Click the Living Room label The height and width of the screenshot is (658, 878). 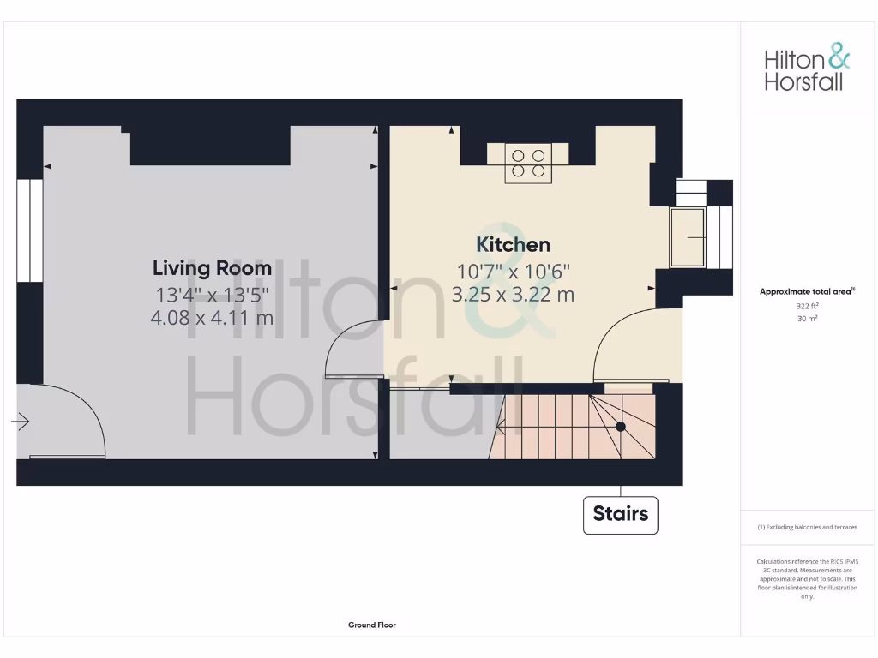pos(212,268)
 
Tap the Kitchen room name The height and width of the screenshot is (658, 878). pos(513,245)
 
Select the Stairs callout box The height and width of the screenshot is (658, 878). pos(621,515)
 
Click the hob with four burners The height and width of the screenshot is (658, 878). pos(527,163)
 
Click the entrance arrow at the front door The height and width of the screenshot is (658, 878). pos(21,422)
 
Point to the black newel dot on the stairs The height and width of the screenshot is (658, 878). pos(620,426)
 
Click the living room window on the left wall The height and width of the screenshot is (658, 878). pos(29,231)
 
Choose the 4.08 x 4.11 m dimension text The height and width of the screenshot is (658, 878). pos(212,318)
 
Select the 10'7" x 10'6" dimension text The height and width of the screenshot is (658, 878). pos(513,272)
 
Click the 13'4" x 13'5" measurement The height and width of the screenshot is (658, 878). pos(212,295)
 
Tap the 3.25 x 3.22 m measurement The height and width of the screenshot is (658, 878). pos(513,295)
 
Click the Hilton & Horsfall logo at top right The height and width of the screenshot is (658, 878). pos(807,70)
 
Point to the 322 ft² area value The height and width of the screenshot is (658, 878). pos(807,306)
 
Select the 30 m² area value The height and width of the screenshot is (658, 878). pos(807,319)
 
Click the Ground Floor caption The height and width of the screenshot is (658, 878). pos(372,625)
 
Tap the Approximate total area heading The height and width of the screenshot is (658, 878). pos(807,292)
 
